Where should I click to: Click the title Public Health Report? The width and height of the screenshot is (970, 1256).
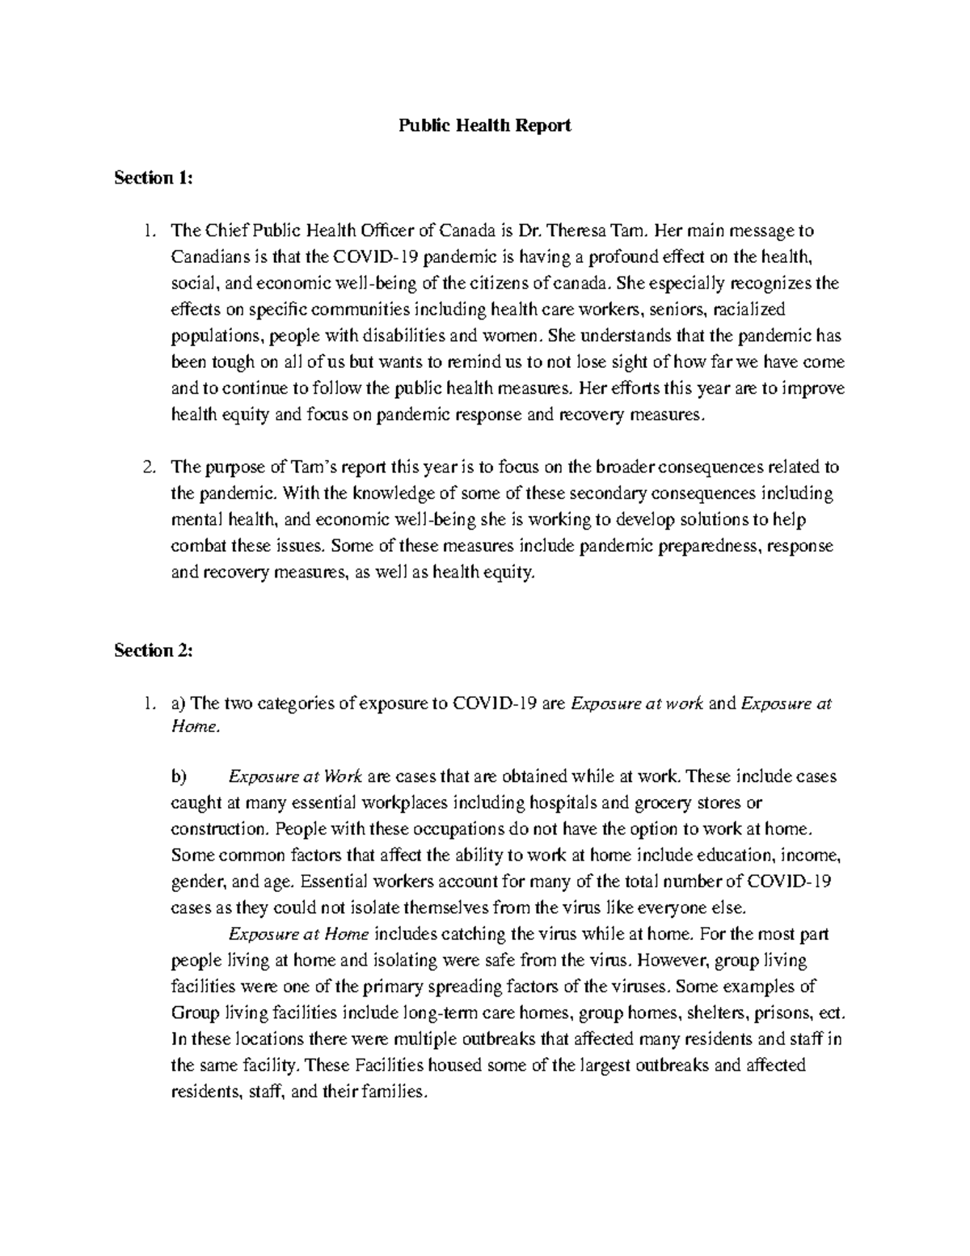(484, 126)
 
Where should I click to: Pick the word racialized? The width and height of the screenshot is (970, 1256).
(751, 310)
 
